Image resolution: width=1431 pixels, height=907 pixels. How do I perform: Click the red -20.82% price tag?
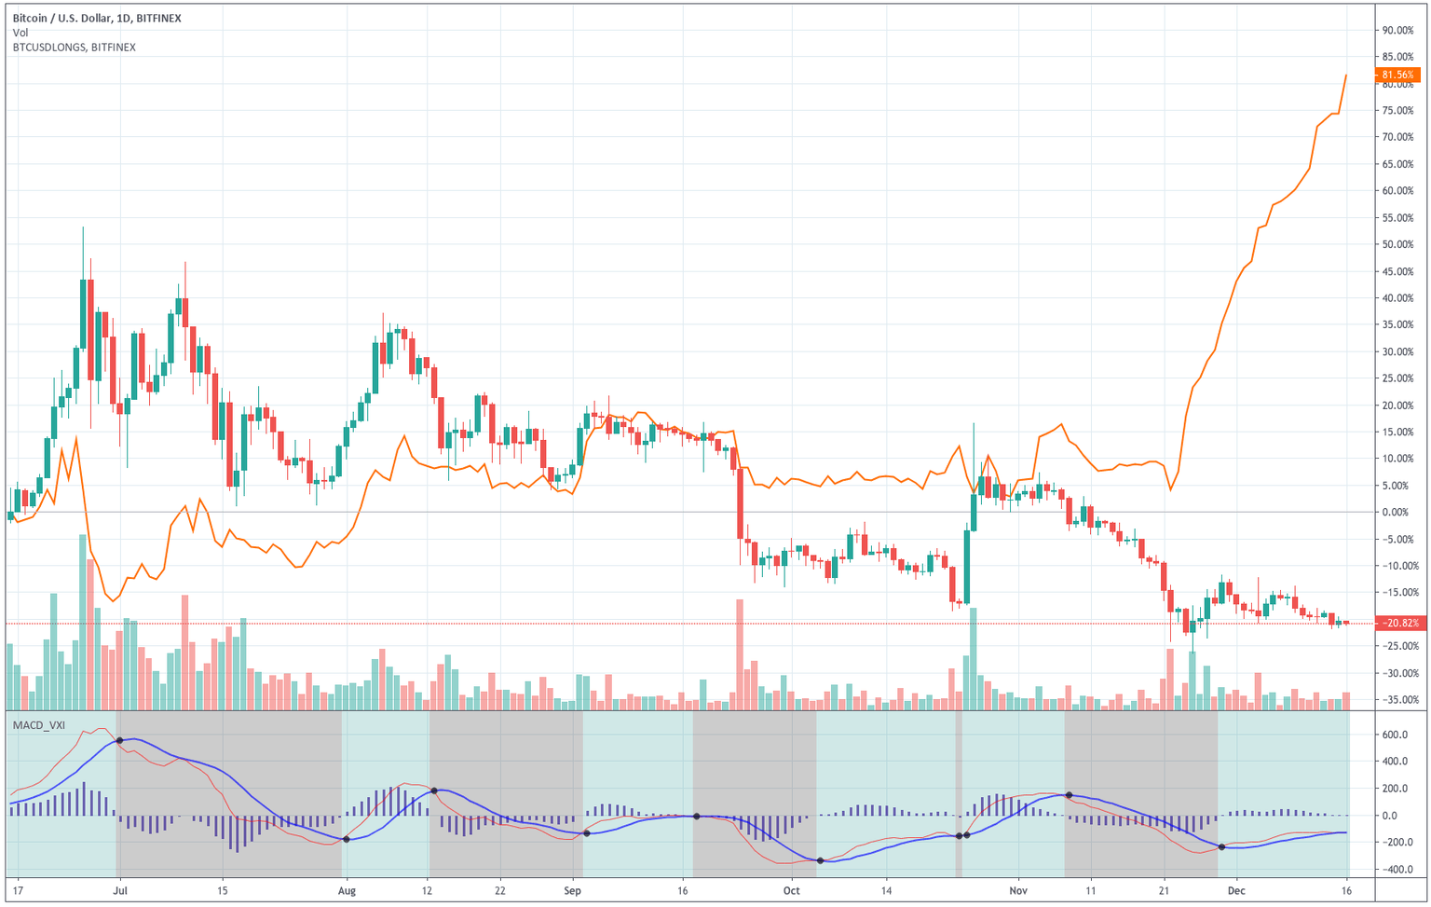point(1400,623)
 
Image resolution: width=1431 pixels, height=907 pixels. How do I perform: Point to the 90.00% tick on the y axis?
point(1397,31)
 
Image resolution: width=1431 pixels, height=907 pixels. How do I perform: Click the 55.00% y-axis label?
point(1397,218)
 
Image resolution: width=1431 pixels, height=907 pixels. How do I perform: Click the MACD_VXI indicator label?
point(39,724)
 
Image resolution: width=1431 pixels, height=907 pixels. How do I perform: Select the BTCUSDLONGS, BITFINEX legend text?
point(75,48)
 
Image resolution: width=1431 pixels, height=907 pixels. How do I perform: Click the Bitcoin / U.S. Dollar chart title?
point(98,18)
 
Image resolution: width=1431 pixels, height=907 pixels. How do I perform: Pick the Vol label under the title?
point(20,33)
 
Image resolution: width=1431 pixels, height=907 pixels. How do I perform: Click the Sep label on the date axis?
point(572,890)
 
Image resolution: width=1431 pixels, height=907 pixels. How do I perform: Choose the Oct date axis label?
point(791,890)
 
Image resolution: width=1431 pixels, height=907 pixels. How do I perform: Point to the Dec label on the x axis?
point(1235,890)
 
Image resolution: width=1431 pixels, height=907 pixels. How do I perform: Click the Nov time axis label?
point(1017,890)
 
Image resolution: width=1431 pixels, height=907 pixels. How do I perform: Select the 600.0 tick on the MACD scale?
point(1395,735)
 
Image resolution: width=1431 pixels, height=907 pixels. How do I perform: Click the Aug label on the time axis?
point(347,890)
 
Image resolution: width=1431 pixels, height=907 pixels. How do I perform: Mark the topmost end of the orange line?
point(1346,76)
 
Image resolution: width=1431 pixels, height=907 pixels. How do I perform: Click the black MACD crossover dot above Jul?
point(119,741)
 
